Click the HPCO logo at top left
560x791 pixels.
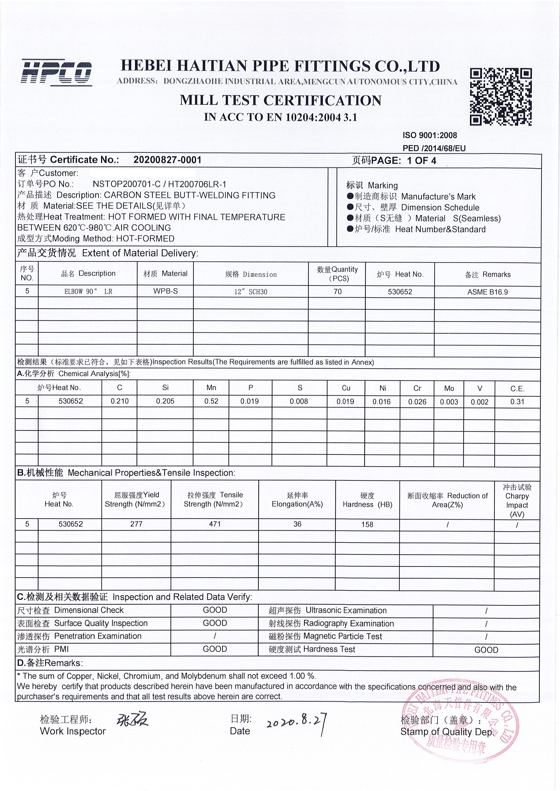coord(57,73)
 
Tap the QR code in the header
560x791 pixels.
coord(500,97)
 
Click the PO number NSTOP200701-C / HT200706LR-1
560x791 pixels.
coord(159,184)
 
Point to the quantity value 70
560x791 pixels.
coord(338,292)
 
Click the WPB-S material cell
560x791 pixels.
coord(166,291)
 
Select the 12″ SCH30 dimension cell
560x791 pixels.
coord(251,292)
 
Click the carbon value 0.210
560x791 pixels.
coord(120,401)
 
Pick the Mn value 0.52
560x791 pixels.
coord(211,401)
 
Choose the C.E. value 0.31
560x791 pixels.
coord(517,402)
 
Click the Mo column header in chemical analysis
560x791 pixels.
coord(449,389)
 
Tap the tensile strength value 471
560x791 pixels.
coord(215,524)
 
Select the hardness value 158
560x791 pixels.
coord(367,524)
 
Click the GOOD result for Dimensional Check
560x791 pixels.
coord(215,610)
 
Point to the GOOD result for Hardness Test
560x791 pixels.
coord(486,650)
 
